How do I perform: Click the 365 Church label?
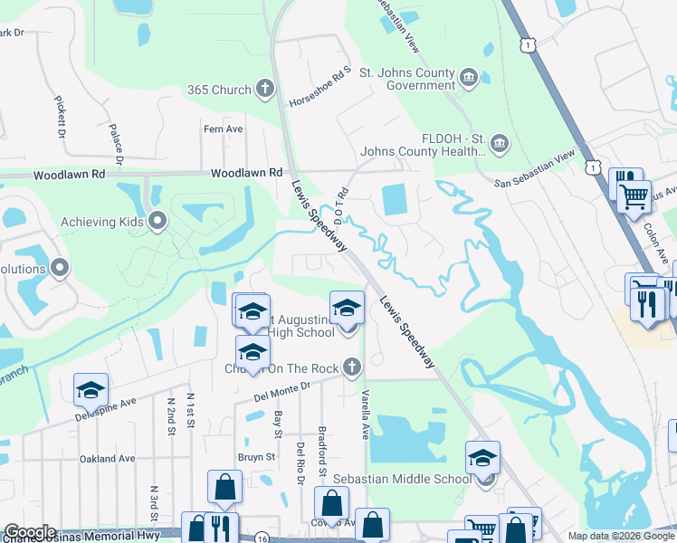coord(218,90)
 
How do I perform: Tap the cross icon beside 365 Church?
coord(264,89)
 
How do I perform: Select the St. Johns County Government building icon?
coord(469,76)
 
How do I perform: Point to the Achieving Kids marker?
coord(158,221)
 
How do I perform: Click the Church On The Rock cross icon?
coord(351,367)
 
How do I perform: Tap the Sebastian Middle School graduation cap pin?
coord(483,458)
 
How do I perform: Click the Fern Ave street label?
coord(224,129)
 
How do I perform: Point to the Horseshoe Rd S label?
coord(320,86)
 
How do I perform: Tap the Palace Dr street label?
coord(115,143)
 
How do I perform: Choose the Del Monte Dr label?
coord(281,390)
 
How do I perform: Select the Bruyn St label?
coord(256,457)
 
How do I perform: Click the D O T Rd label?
coord(341,209)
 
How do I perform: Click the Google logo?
coord(30,532)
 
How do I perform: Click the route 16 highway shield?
coord(261,537)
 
